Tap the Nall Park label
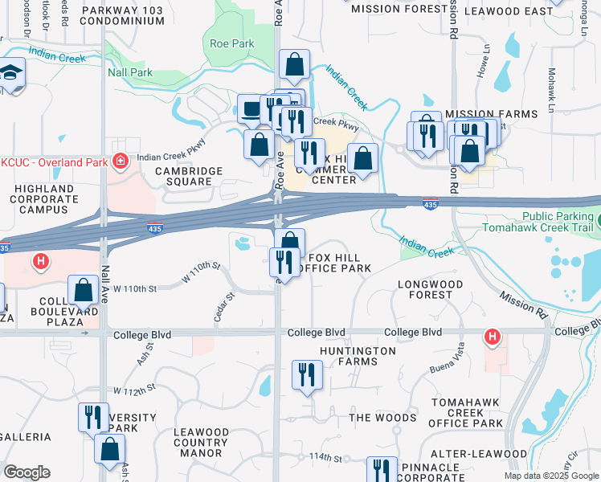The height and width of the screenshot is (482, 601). point(129,72)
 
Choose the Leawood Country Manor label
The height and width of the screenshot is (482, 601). point(200,443)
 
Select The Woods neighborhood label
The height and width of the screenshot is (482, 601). point(383,418)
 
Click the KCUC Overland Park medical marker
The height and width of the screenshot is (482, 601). point(121,161)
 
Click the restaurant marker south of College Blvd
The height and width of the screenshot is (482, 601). point(307,374)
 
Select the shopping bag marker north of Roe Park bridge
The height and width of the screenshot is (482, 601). point(295,64)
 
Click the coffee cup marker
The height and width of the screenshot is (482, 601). point(252,108)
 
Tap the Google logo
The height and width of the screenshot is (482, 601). point(27,472)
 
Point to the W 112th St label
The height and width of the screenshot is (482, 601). point(134,390)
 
